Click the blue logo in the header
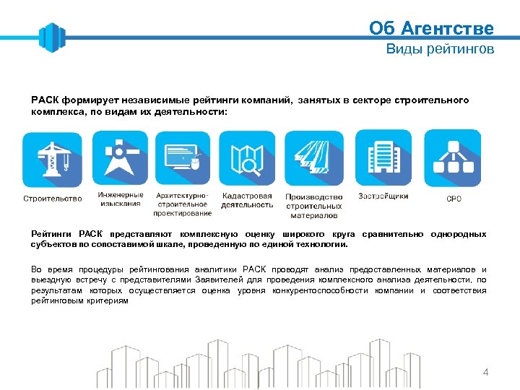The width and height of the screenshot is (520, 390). coord(51,38)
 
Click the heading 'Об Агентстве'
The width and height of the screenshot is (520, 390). coord(431,28)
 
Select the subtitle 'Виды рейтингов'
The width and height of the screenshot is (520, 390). coord(440,49)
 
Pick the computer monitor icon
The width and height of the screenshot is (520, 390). coord(182,159)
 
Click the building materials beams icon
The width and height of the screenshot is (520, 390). coord(314,160)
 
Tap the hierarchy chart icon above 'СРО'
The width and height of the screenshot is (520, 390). coord(452,158)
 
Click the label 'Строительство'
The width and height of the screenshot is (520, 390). coord(53,199)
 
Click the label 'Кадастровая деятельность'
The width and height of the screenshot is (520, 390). coord(248,200)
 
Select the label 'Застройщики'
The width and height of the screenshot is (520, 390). coord(383,196)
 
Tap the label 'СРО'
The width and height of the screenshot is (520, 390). coord(454,199)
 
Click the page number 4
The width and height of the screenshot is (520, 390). coord(485,373)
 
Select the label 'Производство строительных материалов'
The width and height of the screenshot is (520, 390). coord(314,206)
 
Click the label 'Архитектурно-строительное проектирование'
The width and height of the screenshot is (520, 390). coord(182,204)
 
